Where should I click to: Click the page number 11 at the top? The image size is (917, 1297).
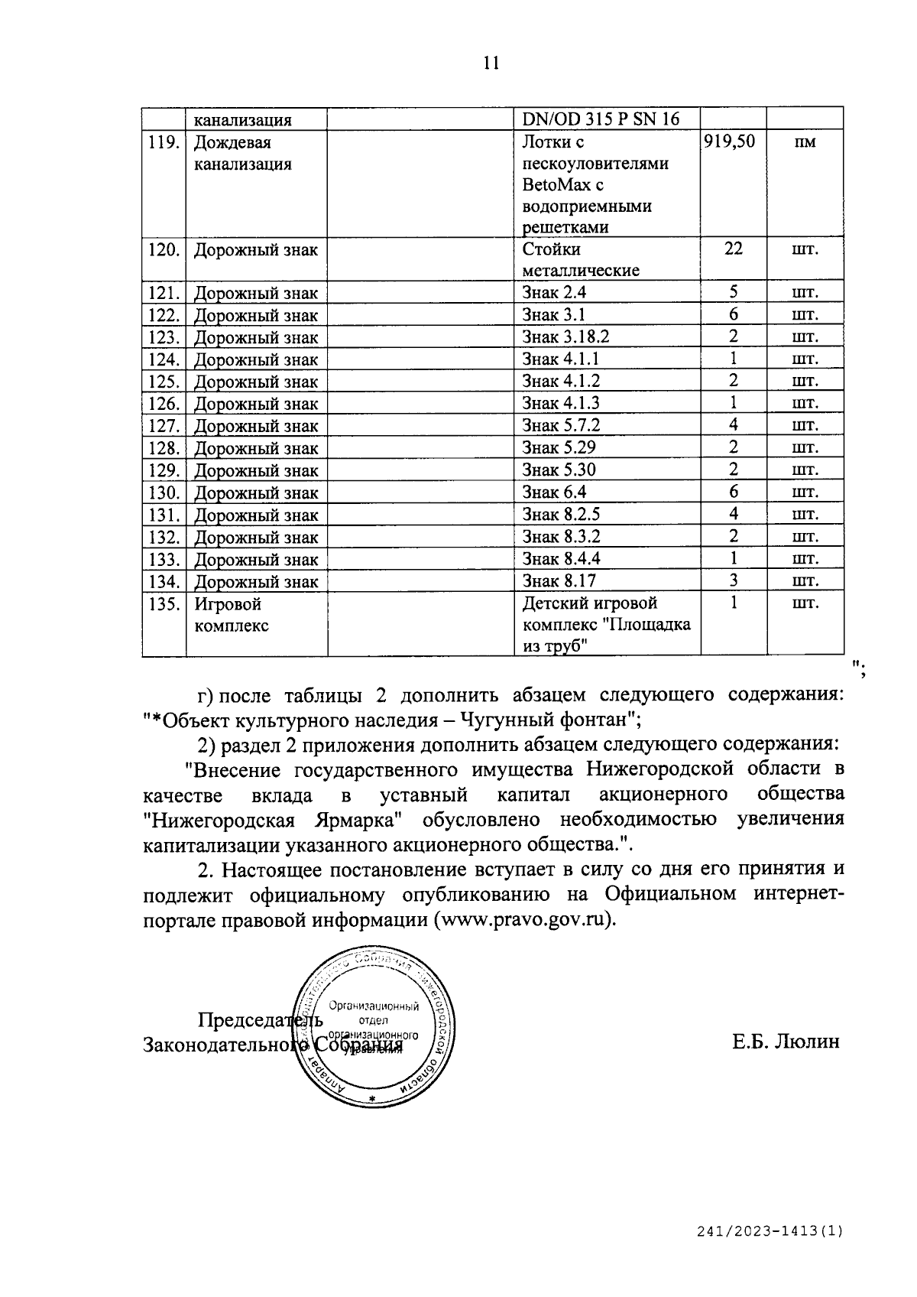click(x=491, y=63)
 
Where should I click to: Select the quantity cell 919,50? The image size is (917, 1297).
click(x=730, y=141)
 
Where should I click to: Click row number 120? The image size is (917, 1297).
click(x=164, y=250)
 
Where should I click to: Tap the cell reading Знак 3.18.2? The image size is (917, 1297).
click(x=565, y=336)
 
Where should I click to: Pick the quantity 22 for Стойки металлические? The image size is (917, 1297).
click(x=733, y=249)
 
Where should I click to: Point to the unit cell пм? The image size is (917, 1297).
click(x=805, y=142)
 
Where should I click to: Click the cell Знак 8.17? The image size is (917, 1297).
click(x=559, y=580)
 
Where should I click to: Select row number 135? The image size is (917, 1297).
click(x=164, y=604)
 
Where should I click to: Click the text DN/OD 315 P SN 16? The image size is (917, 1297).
click(x=601, y=119)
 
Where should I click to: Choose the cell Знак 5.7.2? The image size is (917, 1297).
click(x=561, y=425)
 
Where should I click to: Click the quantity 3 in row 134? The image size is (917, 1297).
click(x=733, y=580)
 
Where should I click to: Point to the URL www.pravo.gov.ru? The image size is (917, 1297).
click(x=524, y=919)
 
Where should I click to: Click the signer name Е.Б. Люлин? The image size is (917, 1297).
click(x=786, y=1042)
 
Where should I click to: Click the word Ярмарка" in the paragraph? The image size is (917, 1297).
click(x=353, y=820)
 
